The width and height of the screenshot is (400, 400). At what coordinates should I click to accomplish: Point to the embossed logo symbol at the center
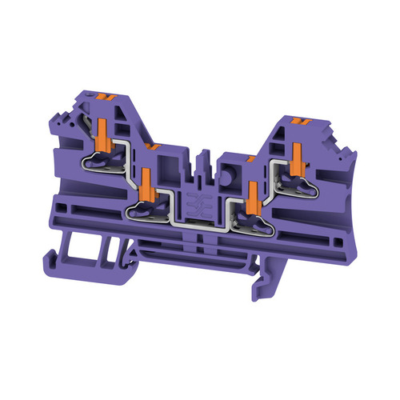[x=195, y=202]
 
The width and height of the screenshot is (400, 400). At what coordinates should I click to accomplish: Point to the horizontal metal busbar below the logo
[x=197, y=225]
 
